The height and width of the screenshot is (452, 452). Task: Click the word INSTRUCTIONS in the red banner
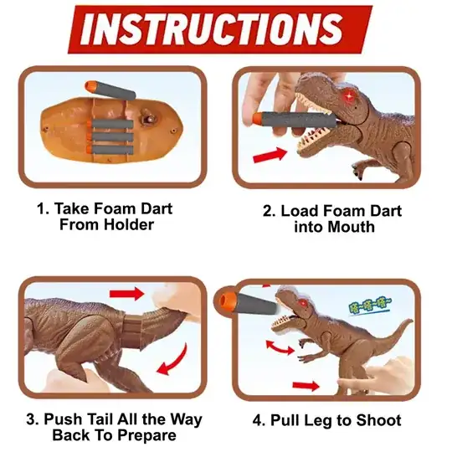click(x=213, y=28)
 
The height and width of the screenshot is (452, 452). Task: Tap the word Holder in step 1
click(x=129, y=224)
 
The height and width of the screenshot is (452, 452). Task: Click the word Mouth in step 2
click(x=351, y=227)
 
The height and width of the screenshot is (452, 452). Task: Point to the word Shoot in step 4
click(x=378, y=420)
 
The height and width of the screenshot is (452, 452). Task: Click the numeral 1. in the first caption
click(x=43, y=208)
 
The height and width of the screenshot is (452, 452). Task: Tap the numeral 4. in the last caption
click(x=259, y=420)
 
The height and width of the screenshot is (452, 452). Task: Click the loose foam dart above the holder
click(x=110, y=90)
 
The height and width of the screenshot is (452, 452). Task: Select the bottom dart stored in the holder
click(x=110, y=150)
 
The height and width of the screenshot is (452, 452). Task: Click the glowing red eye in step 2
click(x=348, y=96)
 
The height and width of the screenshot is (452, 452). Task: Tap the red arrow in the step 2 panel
click(x=270, y=155)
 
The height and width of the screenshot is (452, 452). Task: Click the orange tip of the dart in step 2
click(x=257, y=119)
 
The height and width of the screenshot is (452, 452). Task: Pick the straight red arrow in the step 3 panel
click(x=127, y=294)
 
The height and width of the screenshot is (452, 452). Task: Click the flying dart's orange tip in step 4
click(x=227, y=300)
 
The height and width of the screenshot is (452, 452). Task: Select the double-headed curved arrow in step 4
click(x=280, y=348)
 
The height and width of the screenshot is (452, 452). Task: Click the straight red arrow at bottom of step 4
click(x=306, y=386)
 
